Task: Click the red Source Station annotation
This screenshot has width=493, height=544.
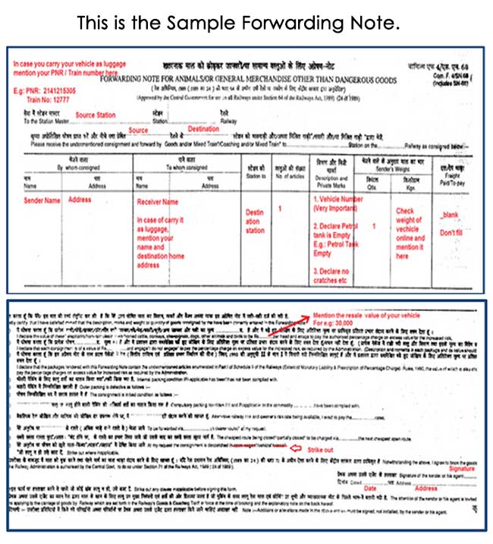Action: click(96, 115)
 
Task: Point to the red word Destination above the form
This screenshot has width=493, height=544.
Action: click(203, 128)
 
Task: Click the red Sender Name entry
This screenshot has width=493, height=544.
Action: click(40, 200)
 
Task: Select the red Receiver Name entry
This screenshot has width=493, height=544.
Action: click(158, 203)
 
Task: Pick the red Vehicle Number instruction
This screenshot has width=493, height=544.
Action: click(336, 204)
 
